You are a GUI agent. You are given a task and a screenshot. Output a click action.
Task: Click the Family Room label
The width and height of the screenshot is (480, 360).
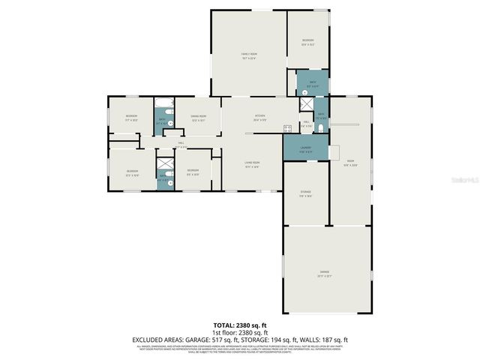[x=248, y=55]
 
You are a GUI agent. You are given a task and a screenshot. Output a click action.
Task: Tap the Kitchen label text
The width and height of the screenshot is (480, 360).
[x=260, y=118]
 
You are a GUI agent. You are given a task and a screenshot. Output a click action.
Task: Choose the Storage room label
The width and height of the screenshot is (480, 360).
[x=305, y=194]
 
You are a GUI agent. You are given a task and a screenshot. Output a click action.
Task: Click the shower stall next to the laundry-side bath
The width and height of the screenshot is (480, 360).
[x=307, y=105]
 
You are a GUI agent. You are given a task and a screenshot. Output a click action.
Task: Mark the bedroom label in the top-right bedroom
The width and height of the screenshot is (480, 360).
[x=307, y=41]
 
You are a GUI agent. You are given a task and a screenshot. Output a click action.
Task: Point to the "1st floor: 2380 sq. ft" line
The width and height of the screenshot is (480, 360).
[x=240, y=332]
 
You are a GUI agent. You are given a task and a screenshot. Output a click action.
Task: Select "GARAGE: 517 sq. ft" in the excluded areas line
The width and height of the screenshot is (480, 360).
[x=213, y=339]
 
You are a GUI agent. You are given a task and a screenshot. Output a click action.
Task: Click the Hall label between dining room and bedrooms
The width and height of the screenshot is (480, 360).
[x=181, y=143]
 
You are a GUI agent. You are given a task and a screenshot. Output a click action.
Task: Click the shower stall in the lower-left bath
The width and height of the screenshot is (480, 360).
[x=164, y=163]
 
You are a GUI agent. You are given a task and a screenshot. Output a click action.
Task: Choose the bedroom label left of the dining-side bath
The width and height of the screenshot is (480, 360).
[x=131, y=117]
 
